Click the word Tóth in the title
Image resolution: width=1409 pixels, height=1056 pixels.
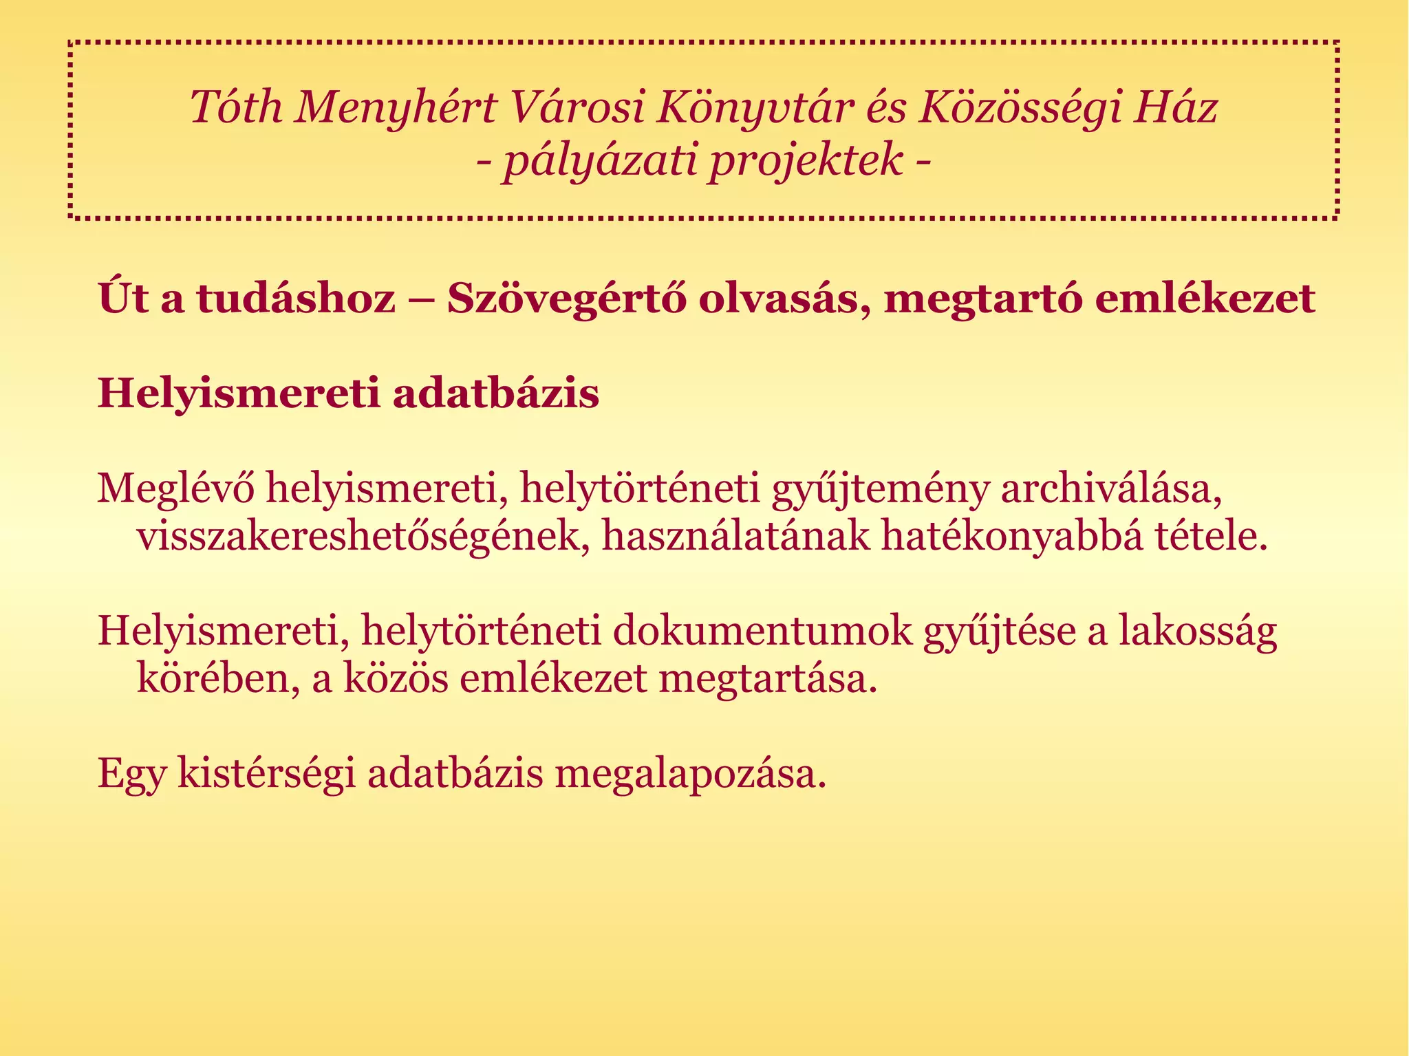tap(236, 108)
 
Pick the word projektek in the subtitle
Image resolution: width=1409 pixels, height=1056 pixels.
tap(806, 161)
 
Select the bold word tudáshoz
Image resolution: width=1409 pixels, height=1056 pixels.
tap(297, 299)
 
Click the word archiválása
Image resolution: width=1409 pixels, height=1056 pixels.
tap(1110, 488)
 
